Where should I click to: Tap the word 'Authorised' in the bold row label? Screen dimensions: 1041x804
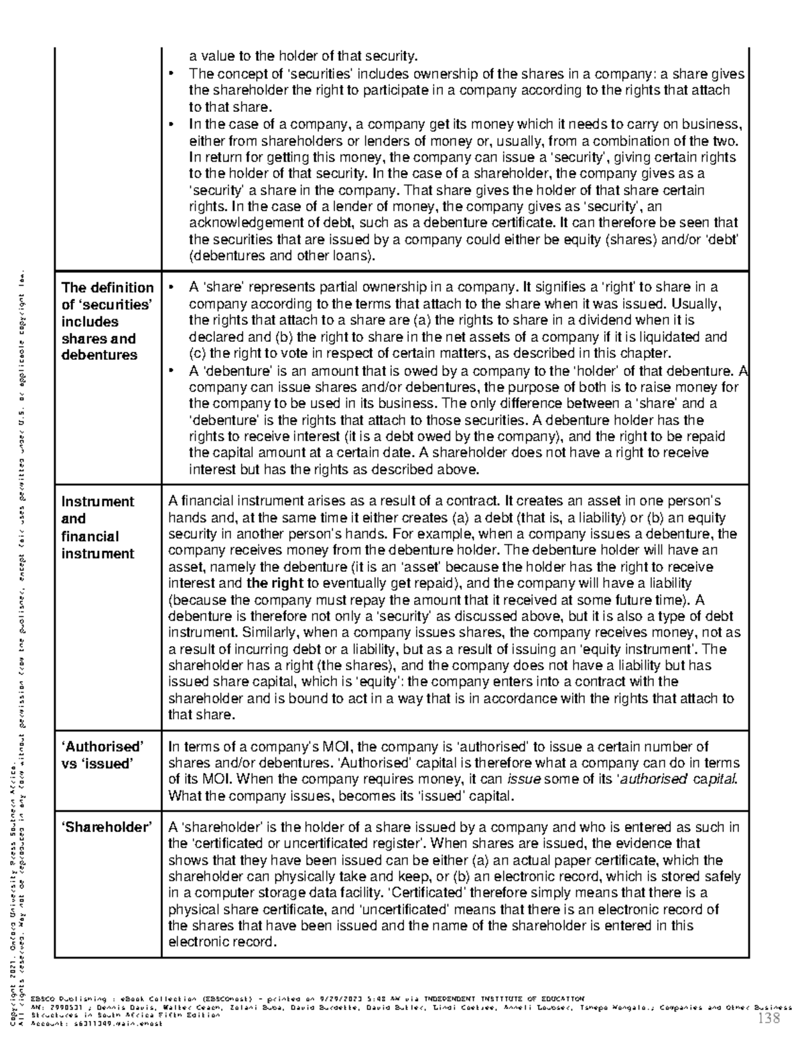[x=103, y=747]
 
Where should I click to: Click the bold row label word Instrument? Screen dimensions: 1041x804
[x=98, y=501]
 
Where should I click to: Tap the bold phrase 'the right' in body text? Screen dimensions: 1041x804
[x=275, y=583]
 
